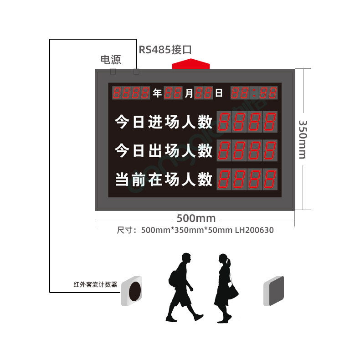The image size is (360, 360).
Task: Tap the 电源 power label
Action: [x=111, y=60]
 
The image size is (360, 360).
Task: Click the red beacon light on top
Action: [x=190, y=64]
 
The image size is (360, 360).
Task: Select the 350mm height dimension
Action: [x=302, y=139]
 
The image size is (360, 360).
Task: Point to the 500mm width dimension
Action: [x=197, y=218]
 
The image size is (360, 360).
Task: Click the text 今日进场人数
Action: [x=164, y=122]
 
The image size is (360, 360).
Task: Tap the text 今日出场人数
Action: [x=164, y=150]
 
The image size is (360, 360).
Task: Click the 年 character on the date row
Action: [x=157, y=93]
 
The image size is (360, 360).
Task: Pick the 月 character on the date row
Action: [x=189, y=93]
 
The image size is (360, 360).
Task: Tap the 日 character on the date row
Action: [x=219, y=93]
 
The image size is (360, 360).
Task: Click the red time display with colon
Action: [x=254, y=93]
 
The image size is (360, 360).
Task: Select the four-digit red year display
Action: [x=131, y=93]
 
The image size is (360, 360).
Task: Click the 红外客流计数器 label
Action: [x=95, y=284]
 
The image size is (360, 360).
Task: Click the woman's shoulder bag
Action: [x=232, y=290]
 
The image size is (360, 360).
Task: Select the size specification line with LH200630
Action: [x=195, y=230]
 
